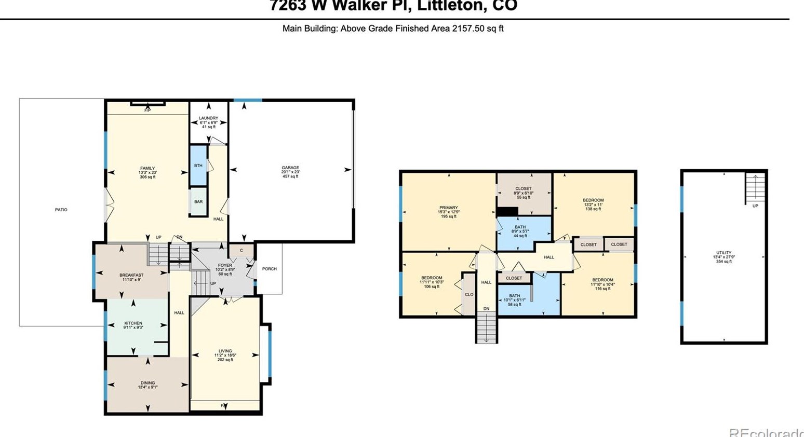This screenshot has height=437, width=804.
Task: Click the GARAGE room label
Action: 290,168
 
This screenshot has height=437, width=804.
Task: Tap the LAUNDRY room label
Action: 209,118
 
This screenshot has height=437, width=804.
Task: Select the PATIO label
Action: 61,210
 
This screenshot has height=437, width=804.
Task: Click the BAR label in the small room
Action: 198,202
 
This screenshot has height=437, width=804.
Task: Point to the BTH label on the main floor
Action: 198,166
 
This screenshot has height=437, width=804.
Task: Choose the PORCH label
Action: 270,269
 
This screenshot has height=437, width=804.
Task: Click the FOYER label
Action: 225,265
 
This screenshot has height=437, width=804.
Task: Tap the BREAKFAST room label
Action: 131,275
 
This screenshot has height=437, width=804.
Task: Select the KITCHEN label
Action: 133,323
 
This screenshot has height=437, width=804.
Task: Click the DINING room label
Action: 148,383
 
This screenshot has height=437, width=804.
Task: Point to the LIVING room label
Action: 225,351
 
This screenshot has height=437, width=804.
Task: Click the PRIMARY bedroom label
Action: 449,208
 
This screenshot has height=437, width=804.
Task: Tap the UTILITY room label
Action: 724,253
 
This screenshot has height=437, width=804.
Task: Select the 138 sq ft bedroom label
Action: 593,200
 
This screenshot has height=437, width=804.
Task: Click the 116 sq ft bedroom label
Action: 602,280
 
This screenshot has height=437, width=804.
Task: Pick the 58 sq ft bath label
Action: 514,296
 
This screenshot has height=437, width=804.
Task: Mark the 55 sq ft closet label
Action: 524,188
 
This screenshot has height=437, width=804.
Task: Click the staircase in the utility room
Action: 755,188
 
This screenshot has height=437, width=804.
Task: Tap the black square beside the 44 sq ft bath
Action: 507,211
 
